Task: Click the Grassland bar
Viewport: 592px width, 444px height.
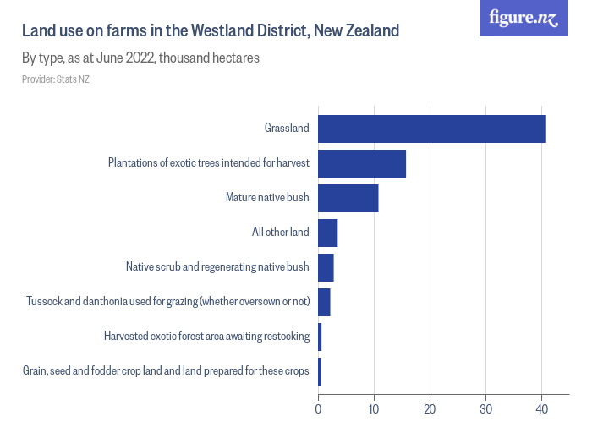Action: [x=431, y=129]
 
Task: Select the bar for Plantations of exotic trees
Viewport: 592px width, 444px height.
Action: [x=361, y=163]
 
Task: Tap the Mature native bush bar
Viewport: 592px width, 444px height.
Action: [x=348, y=198]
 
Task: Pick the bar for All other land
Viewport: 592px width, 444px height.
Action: [x=327, y=233]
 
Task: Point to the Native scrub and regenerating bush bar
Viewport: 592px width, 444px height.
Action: [x=326, y=267]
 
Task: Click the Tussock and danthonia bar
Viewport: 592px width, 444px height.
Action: [x=324, y=302]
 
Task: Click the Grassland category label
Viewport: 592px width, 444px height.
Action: [x=287, y=129]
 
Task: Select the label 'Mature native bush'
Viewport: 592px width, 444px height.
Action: [x=267, y=198]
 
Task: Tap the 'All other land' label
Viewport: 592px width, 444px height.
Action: [x=281, y=233]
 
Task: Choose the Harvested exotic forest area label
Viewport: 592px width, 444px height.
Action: [x=206, y=337]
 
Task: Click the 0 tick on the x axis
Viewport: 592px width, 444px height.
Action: [x=318, y=410]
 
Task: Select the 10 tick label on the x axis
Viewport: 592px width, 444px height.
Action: [x=374, y=410]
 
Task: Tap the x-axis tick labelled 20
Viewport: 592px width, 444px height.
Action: [x=430, y=410]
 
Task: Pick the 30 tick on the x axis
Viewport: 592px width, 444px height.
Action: [x=485, y=410]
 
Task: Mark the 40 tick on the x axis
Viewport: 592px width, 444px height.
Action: [x=541, y=410]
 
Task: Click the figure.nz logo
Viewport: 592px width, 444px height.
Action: [x=523, y=18]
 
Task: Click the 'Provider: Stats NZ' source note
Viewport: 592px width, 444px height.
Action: [x=56, y=79]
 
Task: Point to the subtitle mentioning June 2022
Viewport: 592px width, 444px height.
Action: [x=140, y=58]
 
